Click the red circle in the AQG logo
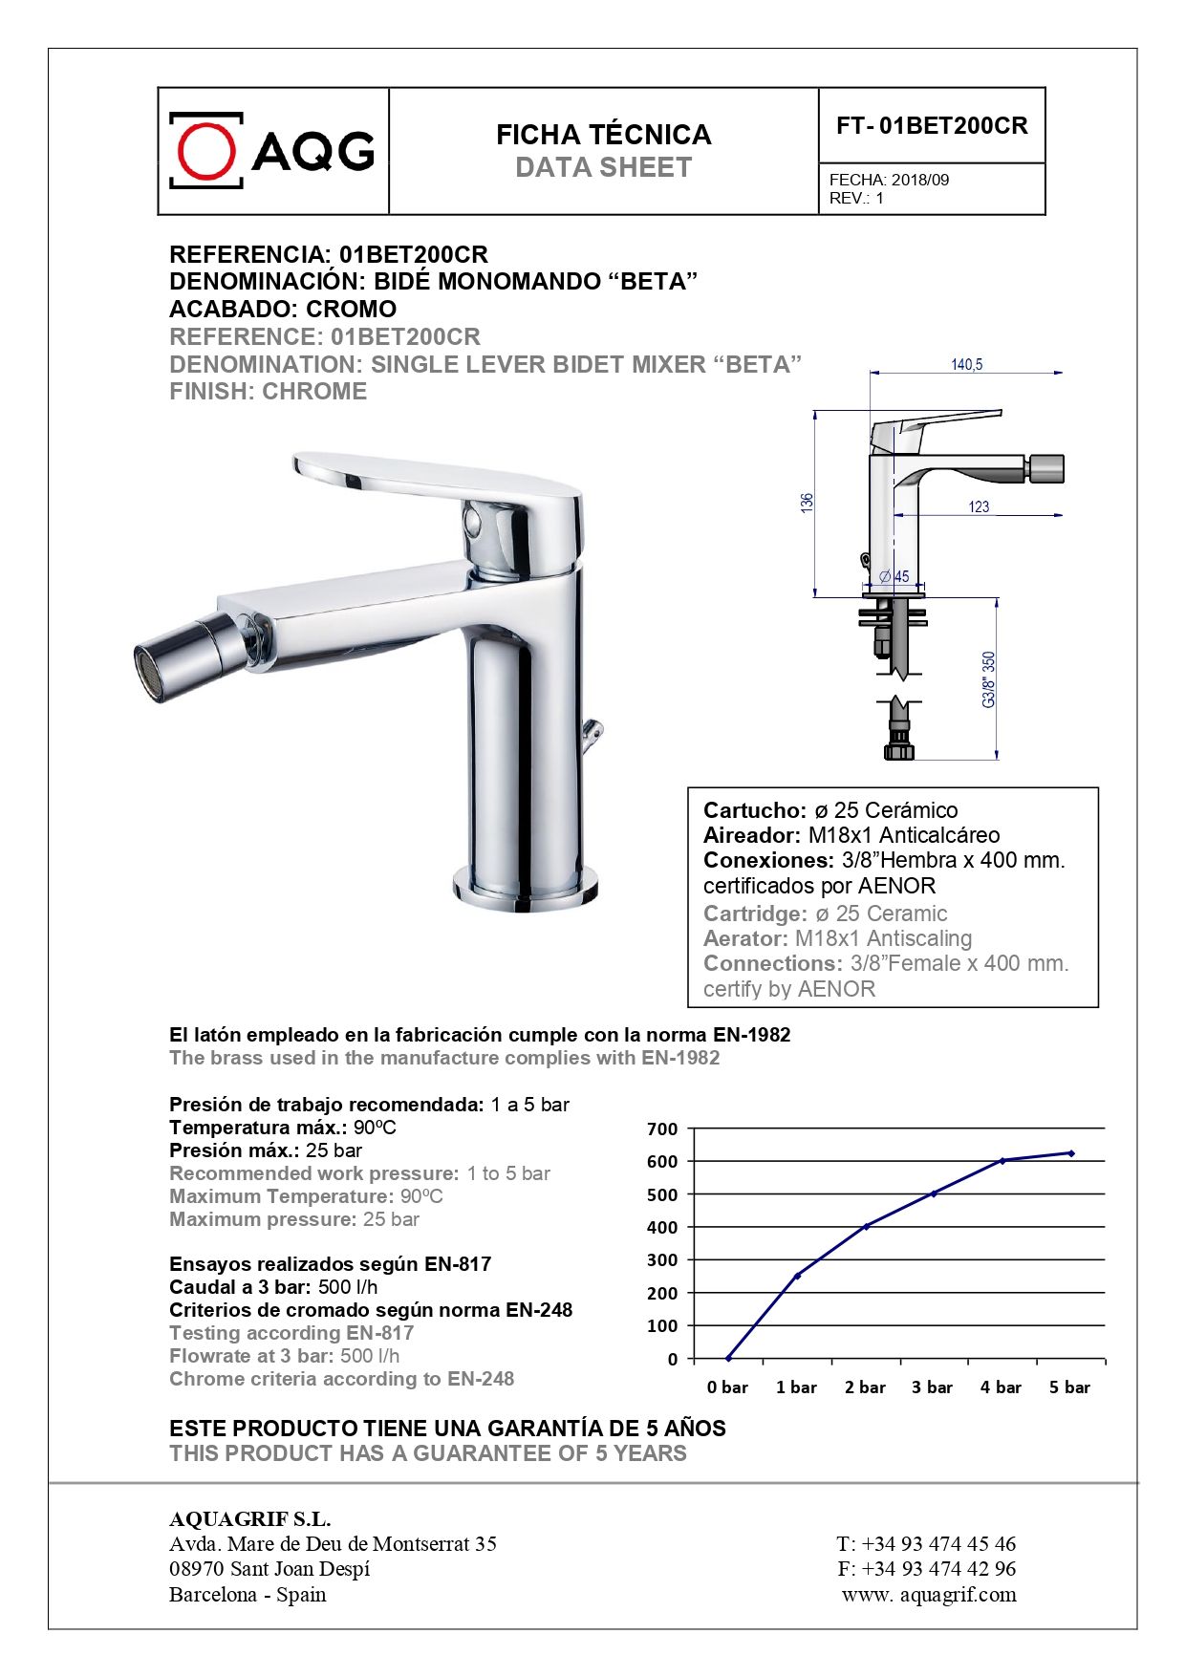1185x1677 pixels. [x=206, y=150]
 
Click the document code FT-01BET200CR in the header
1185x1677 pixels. [x=932, y=126]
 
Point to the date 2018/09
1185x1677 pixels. [x=920, y=180]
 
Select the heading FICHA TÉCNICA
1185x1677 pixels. [x=603, y=135]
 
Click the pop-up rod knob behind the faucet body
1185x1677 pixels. [x=593, y=732]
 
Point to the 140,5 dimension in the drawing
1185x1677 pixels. [x=966, y=364]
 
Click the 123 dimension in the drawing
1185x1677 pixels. [x=979, y=506]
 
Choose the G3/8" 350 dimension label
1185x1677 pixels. [x=989, y=679]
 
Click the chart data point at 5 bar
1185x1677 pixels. [x=1070, y=1153]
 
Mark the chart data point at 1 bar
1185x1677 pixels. [x=797, y=1276]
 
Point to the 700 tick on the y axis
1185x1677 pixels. [x=662, y=1129]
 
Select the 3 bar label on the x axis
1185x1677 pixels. [x=932, y=1387]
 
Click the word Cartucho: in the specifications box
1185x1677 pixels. [x=755, y=810]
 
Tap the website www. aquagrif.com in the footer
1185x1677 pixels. [x=929, y=1594]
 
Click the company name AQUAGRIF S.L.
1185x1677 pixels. [x=249, y=1519]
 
